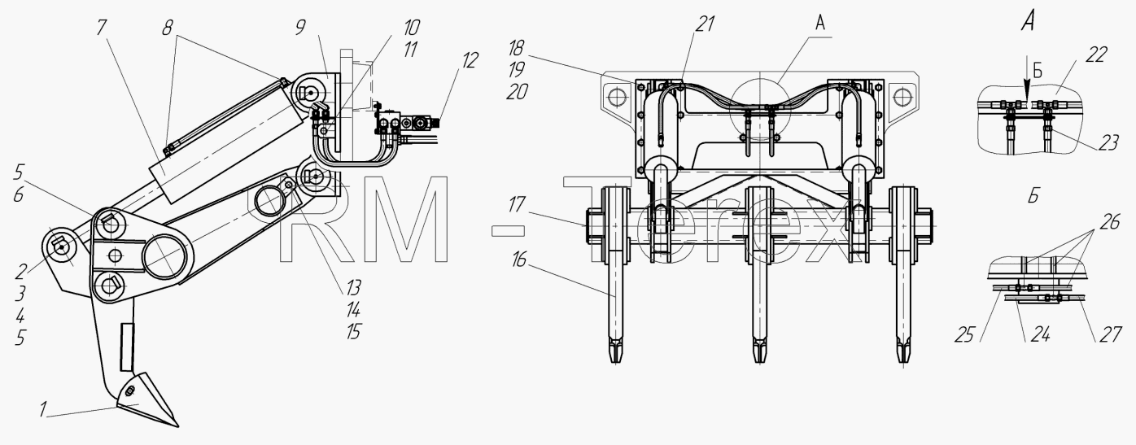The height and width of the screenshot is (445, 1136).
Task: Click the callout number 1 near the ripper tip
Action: coord(44,409)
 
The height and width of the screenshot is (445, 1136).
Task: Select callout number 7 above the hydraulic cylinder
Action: coord(102,28)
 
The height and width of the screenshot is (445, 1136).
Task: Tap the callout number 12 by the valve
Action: coord(470,60)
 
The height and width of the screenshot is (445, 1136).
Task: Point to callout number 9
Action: coord(300,28)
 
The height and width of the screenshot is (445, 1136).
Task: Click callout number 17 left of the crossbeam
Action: coord(516,205)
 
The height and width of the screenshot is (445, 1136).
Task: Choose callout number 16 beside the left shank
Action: coord(518,260)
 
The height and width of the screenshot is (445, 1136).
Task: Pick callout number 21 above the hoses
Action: coord(705,24)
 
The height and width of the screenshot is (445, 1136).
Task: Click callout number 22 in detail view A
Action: coord(1095,55)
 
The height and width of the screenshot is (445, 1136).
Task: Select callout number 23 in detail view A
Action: coord(1108,143)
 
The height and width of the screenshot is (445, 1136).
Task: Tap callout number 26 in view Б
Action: coord(1109,222)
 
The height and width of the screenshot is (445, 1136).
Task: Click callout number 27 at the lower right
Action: coord(1110,335)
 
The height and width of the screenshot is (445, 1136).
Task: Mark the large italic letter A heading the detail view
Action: coord(1028,21)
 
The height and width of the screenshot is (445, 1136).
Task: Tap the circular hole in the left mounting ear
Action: coord(615,96)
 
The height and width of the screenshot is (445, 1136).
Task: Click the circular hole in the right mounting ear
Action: coord(901,96)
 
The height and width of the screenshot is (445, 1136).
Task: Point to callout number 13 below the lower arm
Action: coord(353,287)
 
